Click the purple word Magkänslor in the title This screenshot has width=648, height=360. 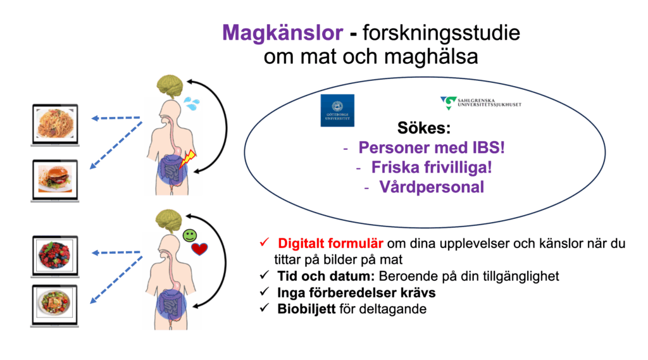pos(283,33)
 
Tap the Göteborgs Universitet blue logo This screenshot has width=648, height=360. pos(337,110)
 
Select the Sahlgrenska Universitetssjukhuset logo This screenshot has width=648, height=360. pos(481,102)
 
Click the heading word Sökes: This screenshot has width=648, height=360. pos(423,128)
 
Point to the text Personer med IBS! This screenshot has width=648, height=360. pos(432,147)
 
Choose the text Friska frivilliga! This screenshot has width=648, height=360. pos(432,168)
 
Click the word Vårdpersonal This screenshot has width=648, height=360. pos(432,187)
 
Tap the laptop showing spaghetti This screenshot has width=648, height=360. pos(55,125)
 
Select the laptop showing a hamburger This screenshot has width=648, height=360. pos(55,180)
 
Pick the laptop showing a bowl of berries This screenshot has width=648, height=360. pos(55,256)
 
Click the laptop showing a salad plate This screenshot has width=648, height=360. pos(55,306)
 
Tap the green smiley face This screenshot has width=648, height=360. pos(190,235)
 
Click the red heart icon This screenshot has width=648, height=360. pos(199,249)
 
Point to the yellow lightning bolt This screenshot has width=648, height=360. pos(187,159)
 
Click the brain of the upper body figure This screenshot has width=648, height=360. pos(170,86)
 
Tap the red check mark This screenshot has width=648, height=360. pos(265,242)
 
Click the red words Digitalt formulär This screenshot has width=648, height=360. pos(330,244)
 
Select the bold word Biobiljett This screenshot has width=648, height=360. pos(306,309)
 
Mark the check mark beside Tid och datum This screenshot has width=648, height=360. pos(265,275)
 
